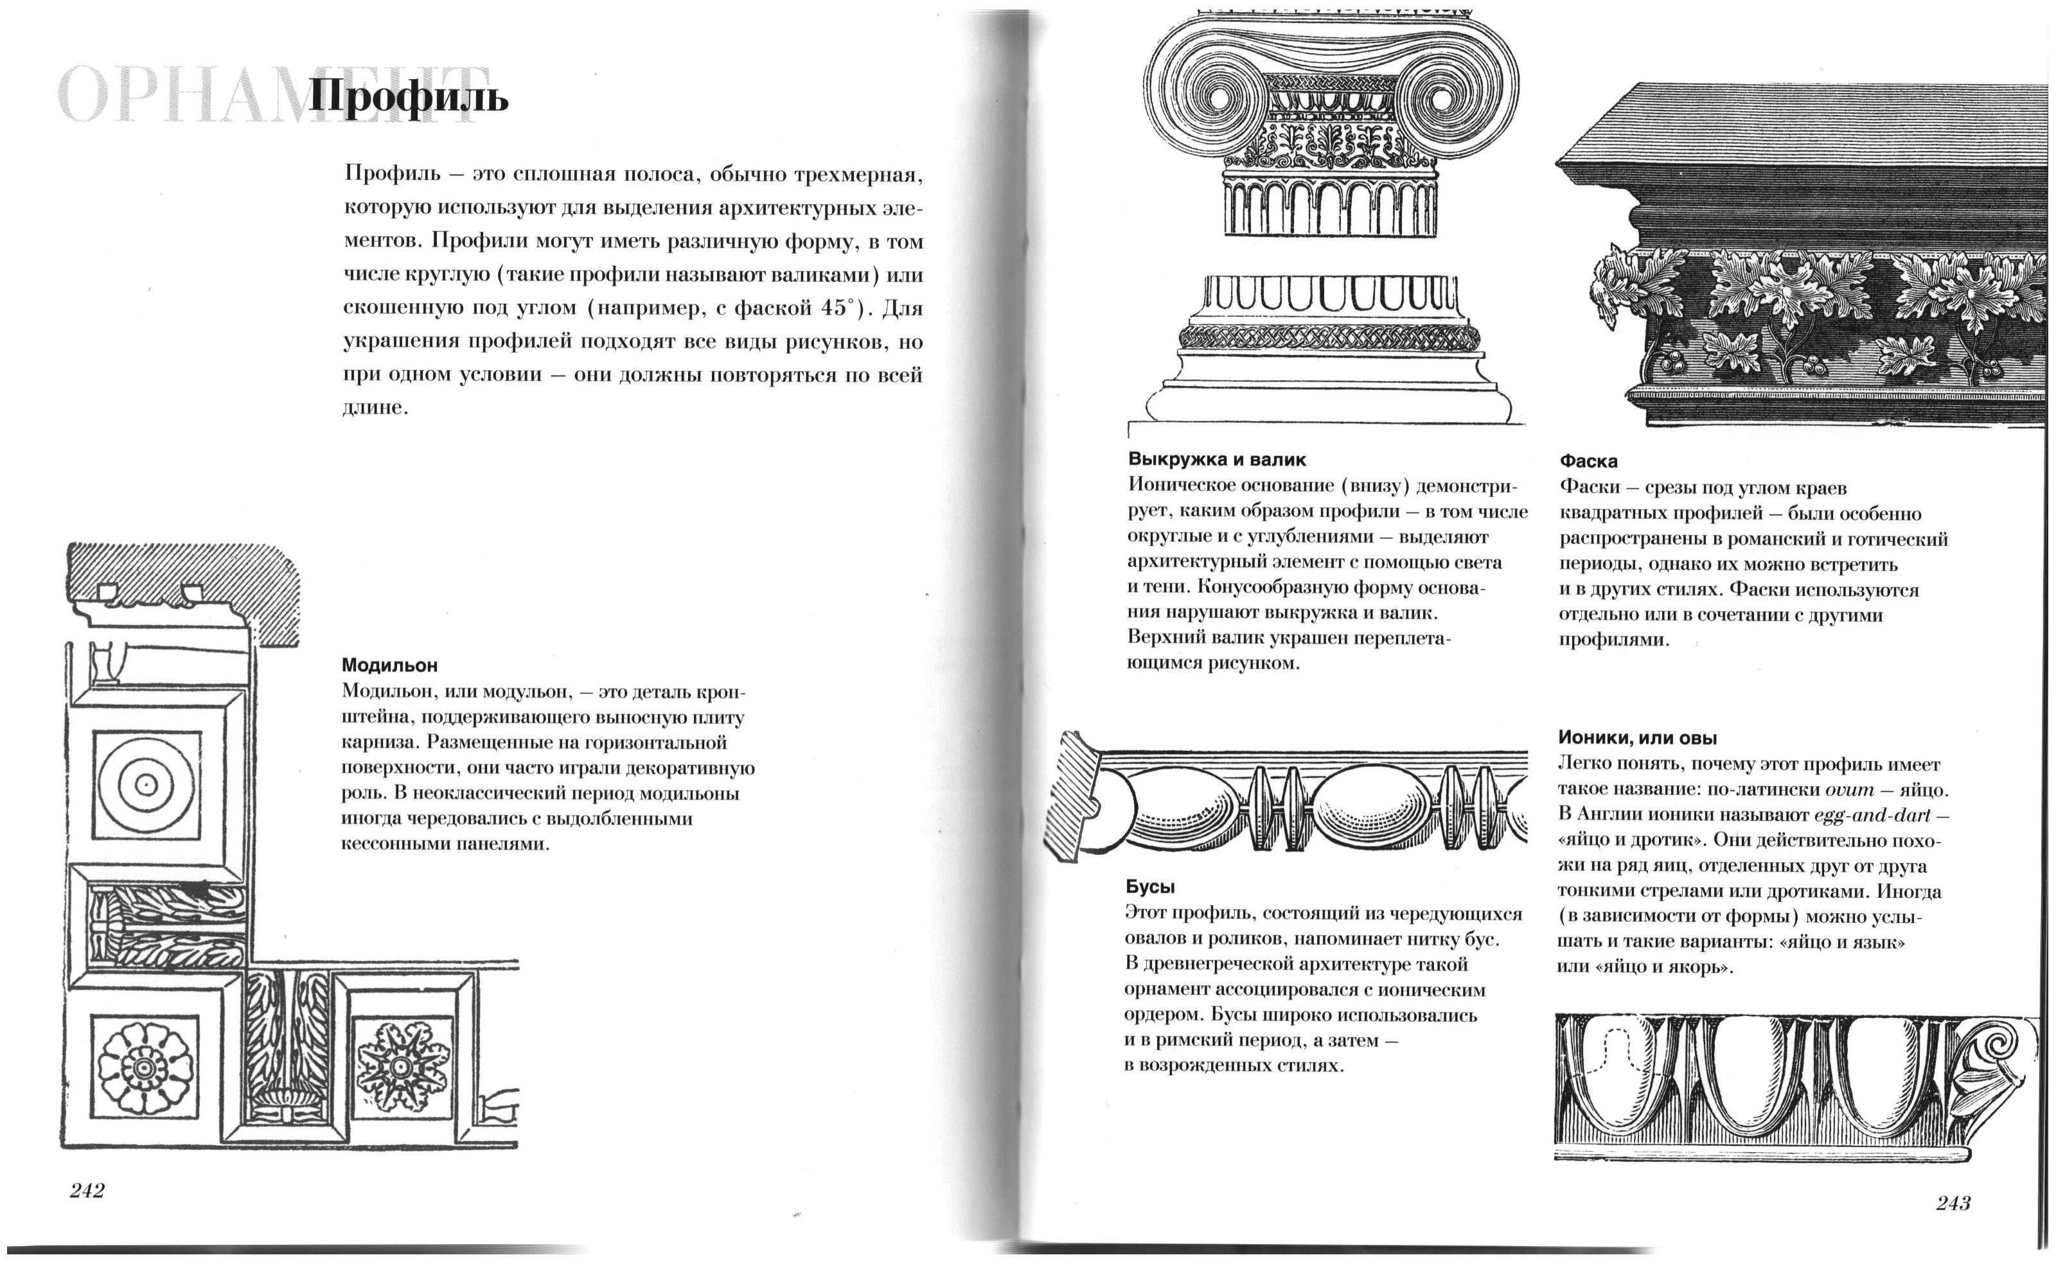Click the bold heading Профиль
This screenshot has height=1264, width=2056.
click(x=409, y=98)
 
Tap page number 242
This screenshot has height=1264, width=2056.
click(x=87, y=1190)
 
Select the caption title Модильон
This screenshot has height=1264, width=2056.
click(x=389, y=665)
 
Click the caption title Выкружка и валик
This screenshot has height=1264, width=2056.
click(x=1216, y=459)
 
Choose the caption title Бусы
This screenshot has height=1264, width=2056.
click(x=1151, y=887)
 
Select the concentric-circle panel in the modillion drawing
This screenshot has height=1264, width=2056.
click(x=146, y=785)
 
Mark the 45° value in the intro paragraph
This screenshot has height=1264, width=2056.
click(x=840, y=308)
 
